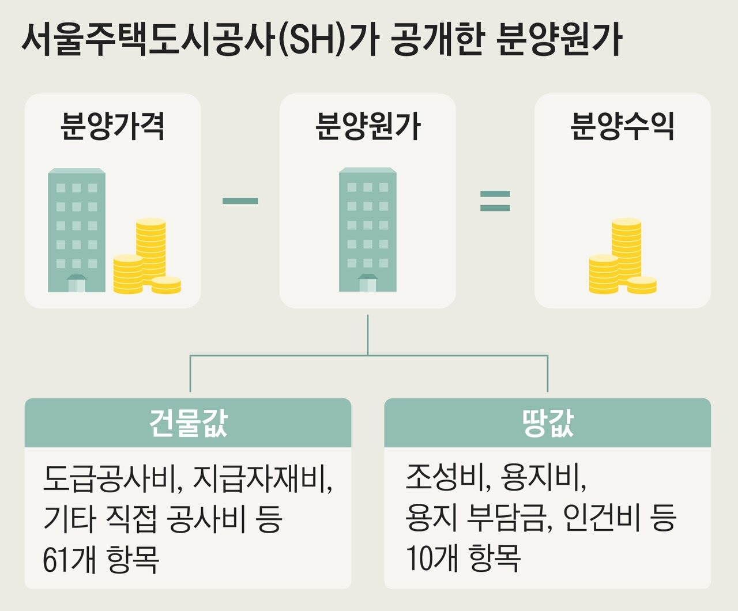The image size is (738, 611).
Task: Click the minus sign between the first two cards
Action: [x=240, y=201]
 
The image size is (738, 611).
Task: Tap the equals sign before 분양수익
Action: [x=495, y=201]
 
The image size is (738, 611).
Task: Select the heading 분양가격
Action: [x=113, y=126]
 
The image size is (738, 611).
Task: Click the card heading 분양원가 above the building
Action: [x=368, y=126]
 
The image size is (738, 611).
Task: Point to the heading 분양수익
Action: [x=622, y=126]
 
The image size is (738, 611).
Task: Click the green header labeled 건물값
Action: [x=188, y=423]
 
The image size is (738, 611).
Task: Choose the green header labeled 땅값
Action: [x=547, y=423]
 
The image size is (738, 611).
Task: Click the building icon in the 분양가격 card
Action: [x=77, y=230]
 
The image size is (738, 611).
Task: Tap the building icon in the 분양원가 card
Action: [x=368, y=230]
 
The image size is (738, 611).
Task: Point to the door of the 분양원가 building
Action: [x=367, y=284]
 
